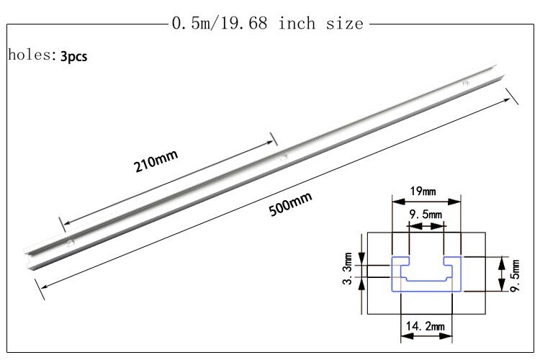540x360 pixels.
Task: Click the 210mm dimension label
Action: [x=156, y=161]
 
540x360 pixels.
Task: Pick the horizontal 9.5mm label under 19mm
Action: [x=425, y=214]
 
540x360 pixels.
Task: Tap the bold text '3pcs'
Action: [x=74, y=56]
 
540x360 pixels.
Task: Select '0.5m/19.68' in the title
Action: [x=220, y=24]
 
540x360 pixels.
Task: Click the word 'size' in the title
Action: [x=348, y=24]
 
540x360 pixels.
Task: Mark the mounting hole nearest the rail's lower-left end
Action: [x=70, y=243]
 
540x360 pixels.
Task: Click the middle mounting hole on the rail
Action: [x=283, y=156]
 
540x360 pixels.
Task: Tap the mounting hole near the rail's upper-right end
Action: [x=466, y=83]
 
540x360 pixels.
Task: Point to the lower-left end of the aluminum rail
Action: [x=27, y=258]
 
